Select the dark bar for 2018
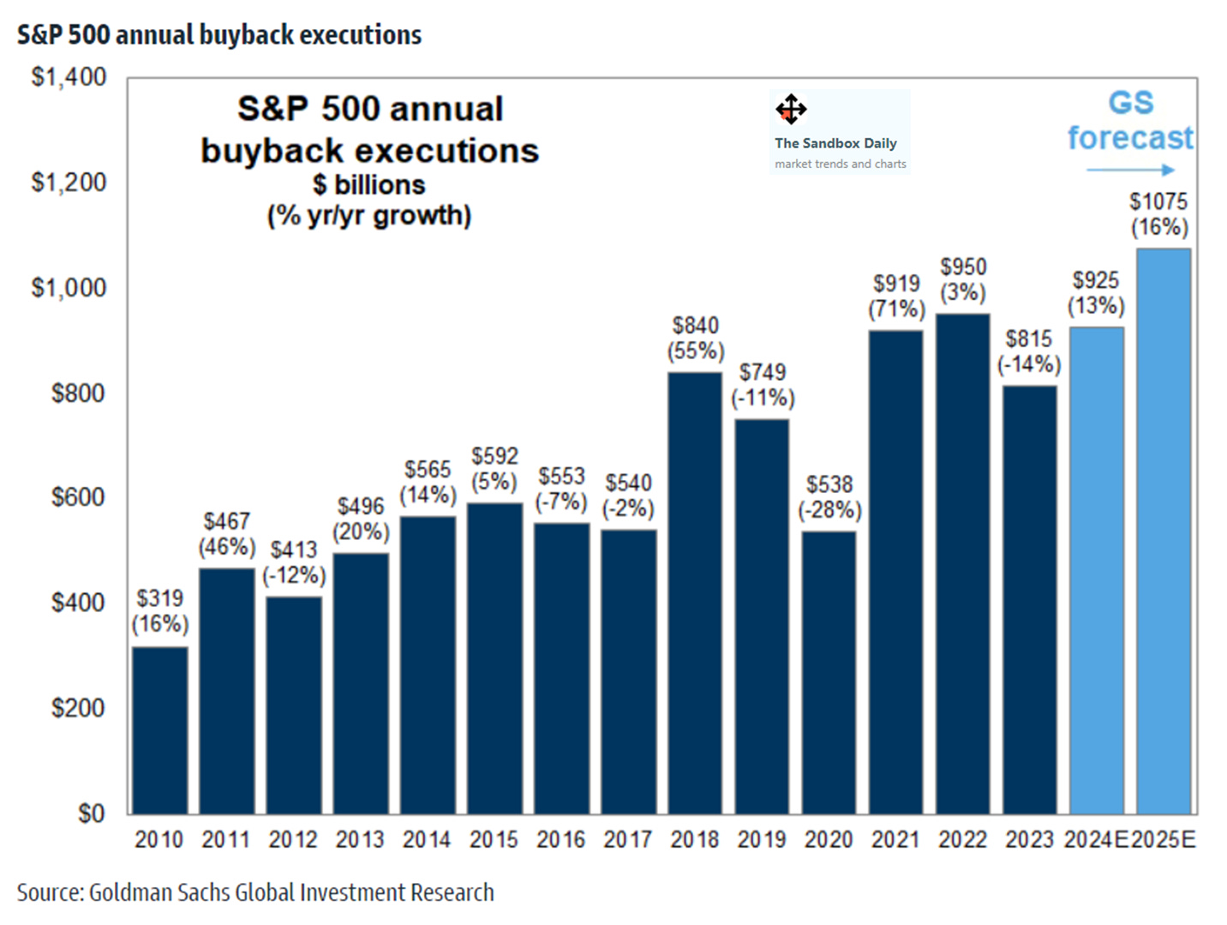click(695, 592)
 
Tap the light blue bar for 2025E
click(1164, 531)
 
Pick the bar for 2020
click(829, 672)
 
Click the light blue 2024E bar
click(1096, 570)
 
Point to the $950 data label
click(963, 267)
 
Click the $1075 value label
click(1158, 201)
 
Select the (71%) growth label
click(896, 309)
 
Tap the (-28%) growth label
click(829, 510)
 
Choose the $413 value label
click(294, 550)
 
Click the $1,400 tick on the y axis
click(69, 77)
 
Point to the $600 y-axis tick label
click(78, 497)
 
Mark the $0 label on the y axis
click(91, 813)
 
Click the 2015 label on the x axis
click(494, 840)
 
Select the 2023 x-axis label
click(1029, 840)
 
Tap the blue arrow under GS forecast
click(1129, 170)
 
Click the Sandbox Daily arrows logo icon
click(791, 110)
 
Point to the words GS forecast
click(1130, 120)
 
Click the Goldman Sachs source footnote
click(255, 892)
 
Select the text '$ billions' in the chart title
click(369, 184)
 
